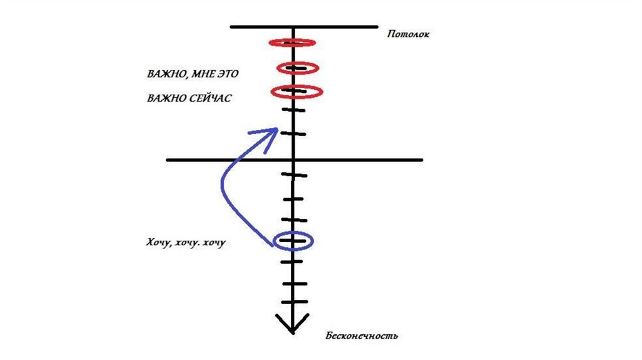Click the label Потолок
408,34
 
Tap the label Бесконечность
362,336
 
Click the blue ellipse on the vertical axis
293,240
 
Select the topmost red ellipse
292,43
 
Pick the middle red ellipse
298,68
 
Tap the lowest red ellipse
297,92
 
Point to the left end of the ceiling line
231,27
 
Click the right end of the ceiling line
377,27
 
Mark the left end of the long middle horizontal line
167,160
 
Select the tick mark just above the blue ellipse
293,220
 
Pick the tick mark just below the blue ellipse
293,261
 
